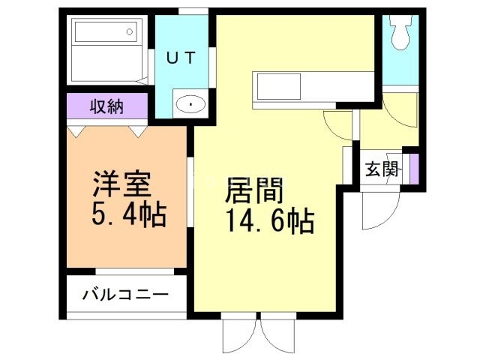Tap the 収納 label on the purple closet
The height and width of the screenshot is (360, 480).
point(108,106)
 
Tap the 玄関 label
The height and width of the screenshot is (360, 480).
point(381,169)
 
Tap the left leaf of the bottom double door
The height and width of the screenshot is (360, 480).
point(241,334)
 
